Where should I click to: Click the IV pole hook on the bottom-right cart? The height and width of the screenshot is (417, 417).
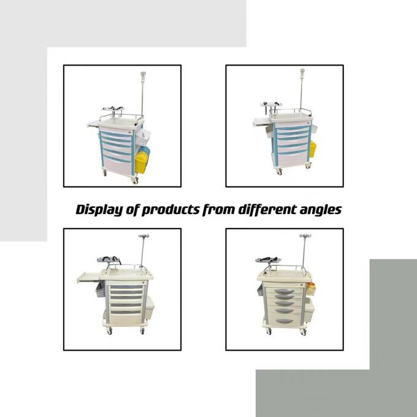(304, 237)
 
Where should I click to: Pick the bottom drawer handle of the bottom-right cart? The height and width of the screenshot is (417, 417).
(284, 321)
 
